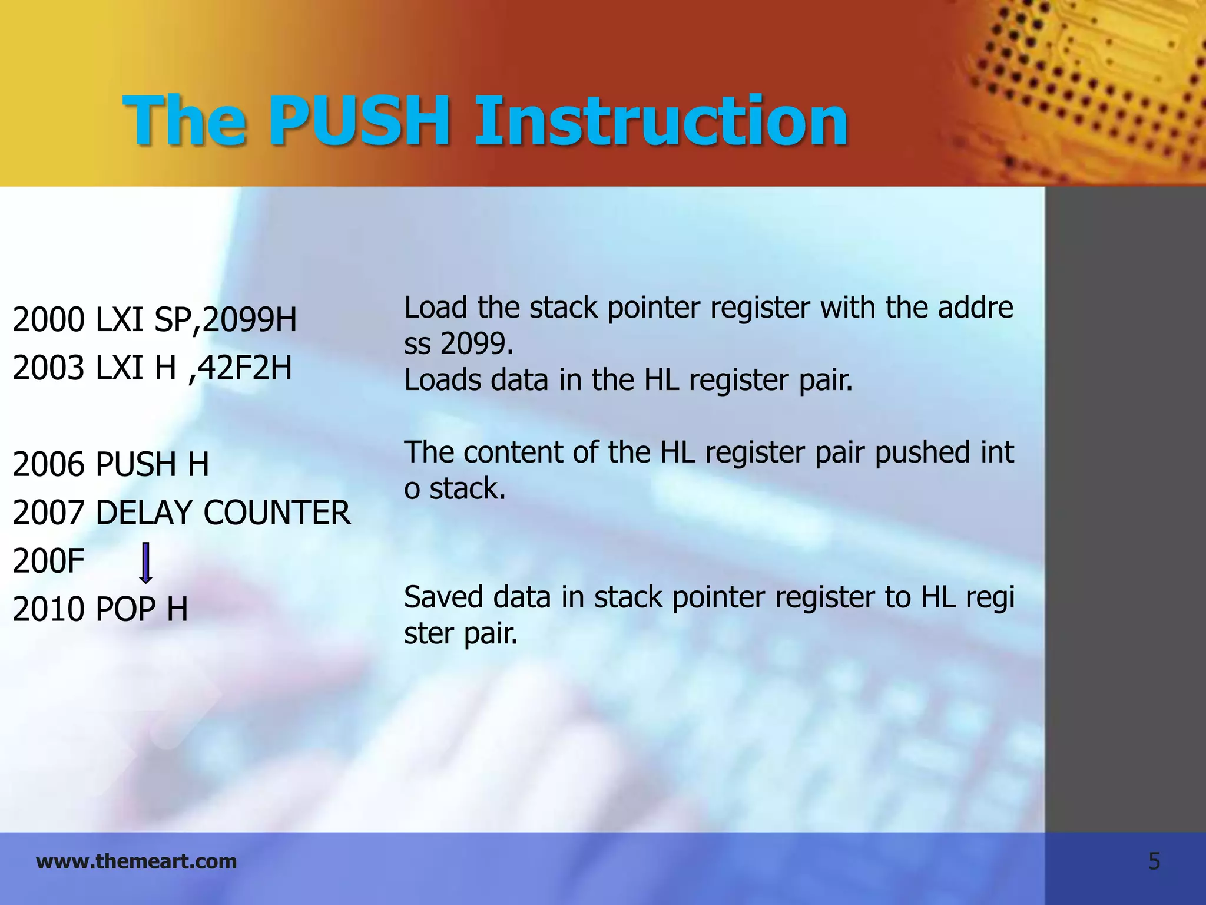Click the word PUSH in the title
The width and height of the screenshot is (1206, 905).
point(360,121)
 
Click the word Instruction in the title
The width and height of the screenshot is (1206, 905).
point(661,121)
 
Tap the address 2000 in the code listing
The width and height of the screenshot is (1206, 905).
point(48,320)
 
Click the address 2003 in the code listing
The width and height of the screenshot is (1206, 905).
point(48,368)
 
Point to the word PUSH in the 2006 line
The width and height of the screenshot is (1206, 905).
point(135,464)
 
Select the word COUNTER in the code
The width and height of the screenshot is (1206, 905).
point(277,513)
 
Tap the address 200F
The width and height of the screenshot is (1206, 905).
point(48,561)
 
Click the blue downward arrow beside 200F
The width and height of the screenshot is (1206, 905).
point(145,563)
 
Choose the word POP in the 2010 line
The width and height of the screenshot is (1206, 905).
point(126,609)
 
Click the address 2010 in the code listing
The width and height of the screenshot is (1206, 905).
point(48,609)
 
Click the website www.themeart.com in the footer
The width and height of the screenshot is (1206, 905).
point(136,861)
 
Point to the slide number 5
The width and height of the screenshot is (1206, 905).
point(1154,862)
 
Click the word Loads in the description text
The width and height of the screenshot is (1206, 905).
point(442,380)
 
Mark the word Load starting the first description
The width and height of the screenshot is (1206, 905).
point(435,308)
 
